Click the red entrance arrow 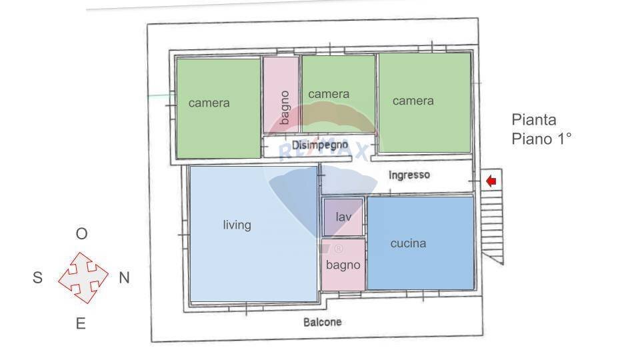491,181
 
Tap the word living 237,225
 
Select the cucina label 408,243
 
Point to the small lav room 343,217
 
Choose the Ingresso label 409,175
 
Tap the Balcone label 323,322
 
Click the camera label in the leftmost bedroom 209,103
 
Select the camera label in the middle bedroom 329,94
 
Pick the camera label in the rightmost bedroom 413,101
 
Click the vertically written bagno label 284,107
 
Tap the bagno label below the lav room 343,265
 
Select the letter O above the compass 81,234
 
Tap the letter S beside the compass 37,278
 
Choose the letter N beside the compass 124,278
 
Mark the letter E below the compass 81,324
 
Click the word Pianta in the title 533,120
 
